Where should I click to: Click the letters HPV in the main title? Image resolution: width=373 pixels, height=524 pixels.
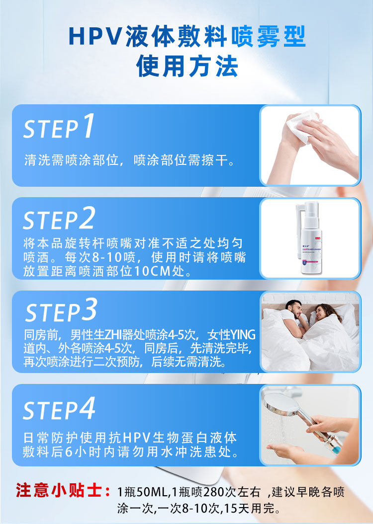(94, 36)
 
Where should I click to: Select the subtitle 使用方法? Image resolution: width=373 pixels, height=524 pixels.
(187, 66)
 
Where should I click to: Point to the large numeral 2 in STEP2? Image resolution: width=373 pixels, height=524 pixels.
(87, 218)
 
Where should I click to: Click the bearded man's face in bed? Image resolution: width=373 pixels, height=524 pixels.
(294, 309)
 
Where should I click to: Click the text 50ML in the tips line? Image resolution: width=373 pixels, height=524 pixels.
(152, 492)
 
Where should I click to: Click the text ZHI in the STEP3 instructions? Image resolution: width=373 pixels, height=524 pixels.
(113, 335)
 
